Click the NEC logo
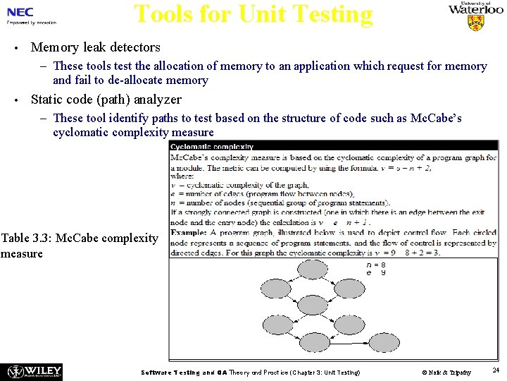click(20, 12)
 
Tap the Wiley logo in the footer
click(33, 371)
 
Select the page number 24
click(496, 370)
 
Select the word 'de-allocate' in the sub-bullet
click(132, 80)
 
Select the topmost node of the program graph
click(312, 269)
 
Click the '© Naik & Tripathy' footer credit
click(446, 372)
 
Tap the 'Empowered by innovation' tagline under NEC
click(32, 23)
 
